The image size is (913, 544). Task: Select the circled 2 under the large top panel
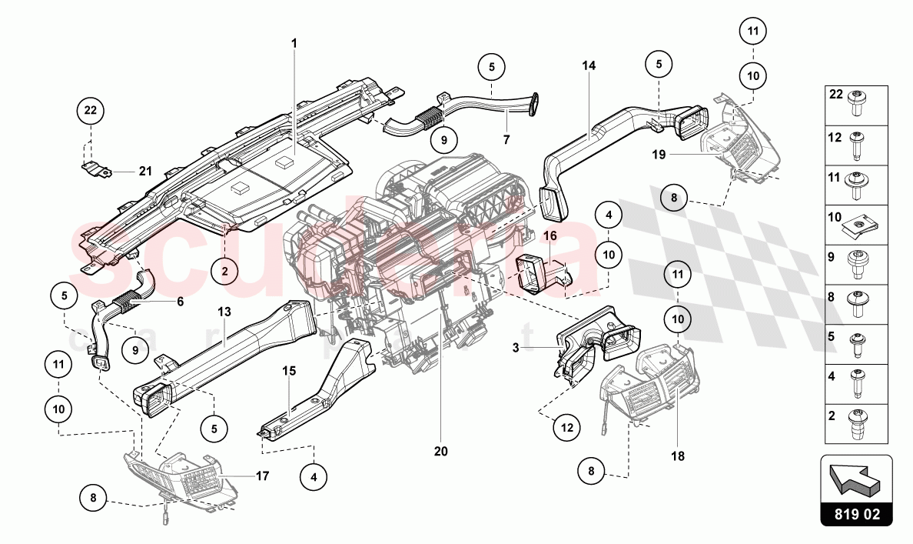224,270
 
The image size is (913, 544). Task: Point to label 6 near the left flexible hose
180,302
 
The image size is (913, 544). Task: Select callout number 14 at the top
589,66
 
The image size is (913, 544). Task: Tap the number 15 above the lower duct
289,371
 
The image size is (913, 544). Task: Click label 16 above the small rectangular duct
549,235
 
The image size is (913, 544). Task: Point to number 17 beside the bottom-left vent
262,476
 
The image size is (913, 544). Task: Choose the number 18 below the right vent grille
678,456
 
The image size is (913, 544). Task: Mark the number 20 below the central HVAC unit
440,452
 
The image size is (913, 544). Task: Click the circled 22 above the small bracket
91,111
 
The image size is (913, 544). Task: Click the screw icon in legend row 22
858,102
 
